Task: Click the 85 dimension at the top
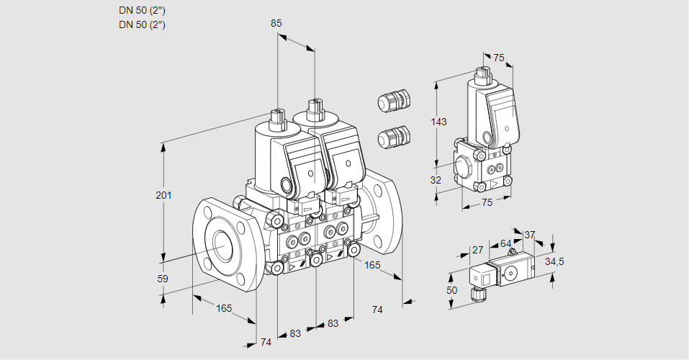[x=276, y=24]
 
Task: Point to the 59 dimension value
[x=163, y=279]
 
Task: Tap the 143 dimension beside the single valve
[x=438, y=122]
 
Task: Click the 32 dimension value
[x=436, y=180]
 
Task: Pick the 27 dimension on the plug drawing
[x=477, y=250]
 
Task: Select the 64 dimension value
[x=505, y=243]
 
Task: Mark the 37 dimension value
[x=529, y=235]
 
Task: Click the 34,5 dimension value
[x=554, y=261]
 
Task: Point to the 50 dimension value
[x=451, y=289]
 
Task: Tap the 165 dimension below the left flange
[x=224, y=308]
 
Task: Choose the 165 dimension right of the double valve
[x=372, y=266]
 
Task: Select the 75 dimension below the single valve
[x=487, y=203]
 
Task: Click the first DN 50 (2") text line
[x=142, y=10]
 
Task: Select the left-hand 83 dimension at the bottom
[x=295, y=333]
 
